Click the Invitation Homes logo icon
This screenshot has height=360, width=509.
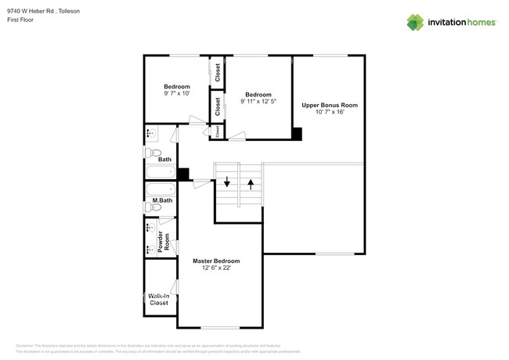(x=417, y=22)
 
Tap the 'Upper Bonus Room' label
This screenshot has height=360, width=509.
(x=330, y=105)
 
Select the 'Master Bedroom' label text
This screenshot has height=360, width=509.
(x=216, y=261)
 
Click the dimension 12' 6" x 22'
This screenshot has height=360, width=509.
(x=216, y=268)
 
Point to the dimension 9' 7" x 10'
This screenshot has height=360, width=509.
(x=176, y=94)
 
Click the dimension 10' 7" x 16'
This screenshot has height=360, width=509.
(x=330, y=113)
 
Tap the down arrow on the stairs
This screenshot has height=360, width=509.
(x=227, y=184)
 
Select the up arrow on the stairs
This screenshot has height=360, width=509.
(x=251, y=184)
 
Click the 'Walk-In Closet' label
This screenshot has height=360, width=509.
(x=160, y=299)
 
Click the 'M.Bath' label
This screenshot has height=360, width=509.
(x=162, y=201)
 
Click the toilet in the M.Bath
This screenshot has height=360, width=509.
(x=153, y=208)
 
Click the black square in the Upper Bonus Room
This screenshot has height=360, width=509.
(x=297, y=134)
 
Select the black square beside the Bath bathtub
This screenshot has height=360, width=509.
(x=183, y=175)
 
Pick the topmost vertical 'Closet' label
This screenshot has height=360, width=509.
(x=217, y=72)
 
